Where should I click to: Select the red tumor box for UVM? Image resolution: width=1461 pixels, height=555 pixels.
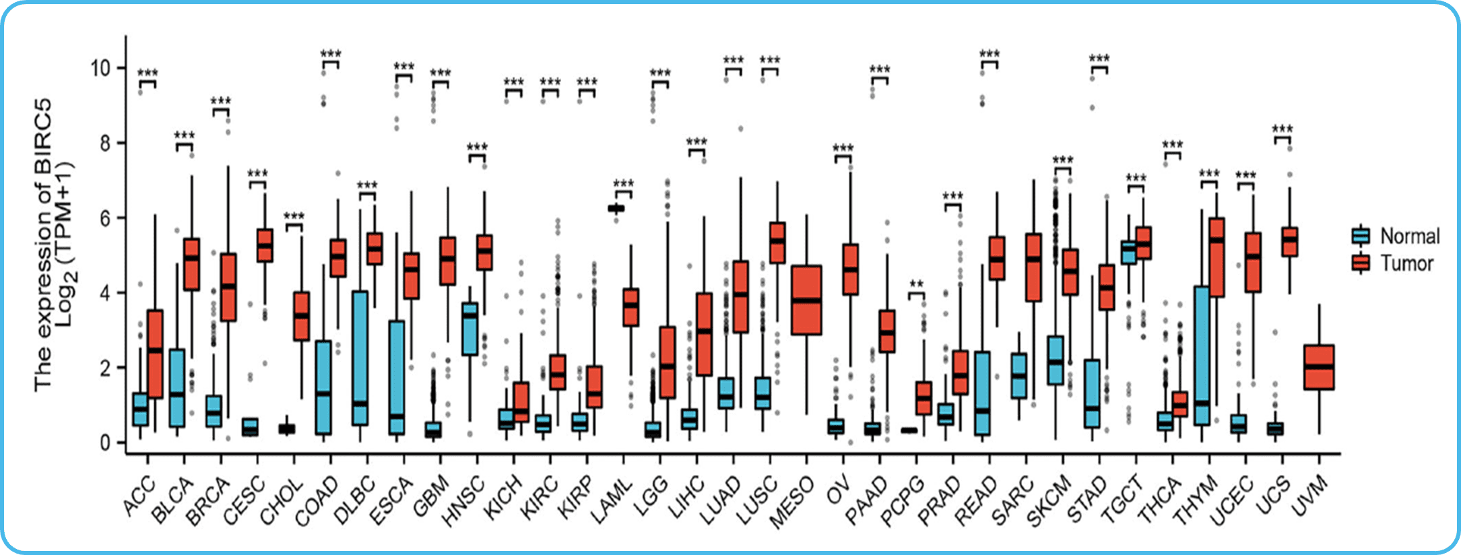1319,367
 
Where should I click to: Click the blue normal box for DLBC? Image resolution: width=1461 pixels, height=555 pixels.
360,358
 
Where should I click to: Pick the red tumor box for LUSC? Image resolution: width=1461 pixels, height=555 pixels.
777,242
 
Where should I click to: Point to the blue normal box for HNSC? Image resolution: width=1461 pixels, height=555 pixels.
469,329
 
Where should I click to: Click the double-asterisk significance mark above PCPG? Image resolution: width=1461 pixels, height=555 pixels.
916,284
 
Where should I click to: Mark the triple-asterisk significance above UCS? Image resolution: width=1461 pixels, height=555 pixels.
1282,129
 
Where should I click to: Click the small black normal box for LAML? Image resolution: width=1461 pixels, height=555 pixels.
616,209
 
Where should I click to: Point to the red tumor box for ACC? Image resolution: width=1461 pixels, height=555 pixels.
155,354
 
